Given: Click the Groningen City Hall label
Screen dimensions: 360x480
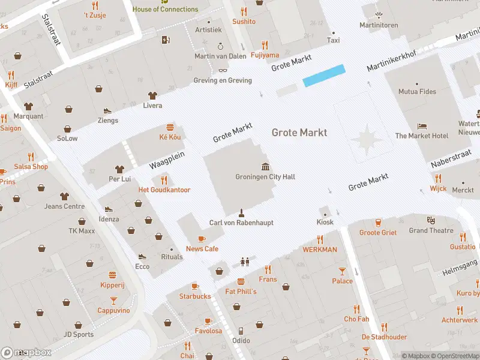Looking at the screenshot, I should [x=265, y=177].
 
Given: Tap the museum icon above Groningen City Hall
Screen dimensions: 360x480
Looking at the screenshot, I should [x=265, y=166].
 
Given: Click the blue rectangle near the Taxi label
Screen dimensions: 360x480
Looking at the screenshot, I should [x=324, y=76].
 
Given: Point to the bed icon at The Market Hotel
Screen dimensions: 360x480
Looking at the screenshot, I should [x=422, y=127].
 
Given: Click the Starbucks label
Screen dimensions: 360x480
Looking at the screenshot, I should [x=195, y=296].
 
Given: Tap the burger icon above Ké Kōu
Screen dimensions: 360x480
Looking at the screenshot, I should [x=170, y=127].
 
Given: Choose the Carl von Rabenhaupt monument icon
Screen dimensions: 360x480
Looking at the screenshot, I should [x=241, y=212].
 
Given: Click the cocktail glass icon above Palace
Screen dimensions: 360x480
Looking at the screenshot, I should [x=342, y=271].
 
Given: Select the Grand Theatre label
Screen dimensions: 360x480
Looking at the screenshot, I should [x=431, y=230].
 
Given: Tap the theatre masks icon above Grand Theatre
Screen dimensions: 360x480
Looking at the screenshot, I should [x=430, y=220].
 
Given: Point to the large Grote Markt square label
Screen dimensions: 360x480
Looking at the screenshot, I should [x=299, y=132].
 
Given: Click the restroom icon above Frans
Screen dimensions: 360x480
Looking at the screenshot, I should [x=244, y=262].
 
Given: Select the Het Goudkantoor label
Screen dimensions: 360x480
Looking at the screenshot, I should [x=164, y=190].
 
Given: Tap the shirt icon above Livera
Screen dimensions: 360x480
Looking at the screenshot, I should [x=152, y=95].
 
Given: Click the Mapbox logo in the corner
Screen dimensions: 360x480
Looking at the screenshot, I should [x=26, y=353].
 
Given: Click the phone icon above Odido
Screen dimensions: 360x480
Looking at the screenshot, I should [x=241, y=331].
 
